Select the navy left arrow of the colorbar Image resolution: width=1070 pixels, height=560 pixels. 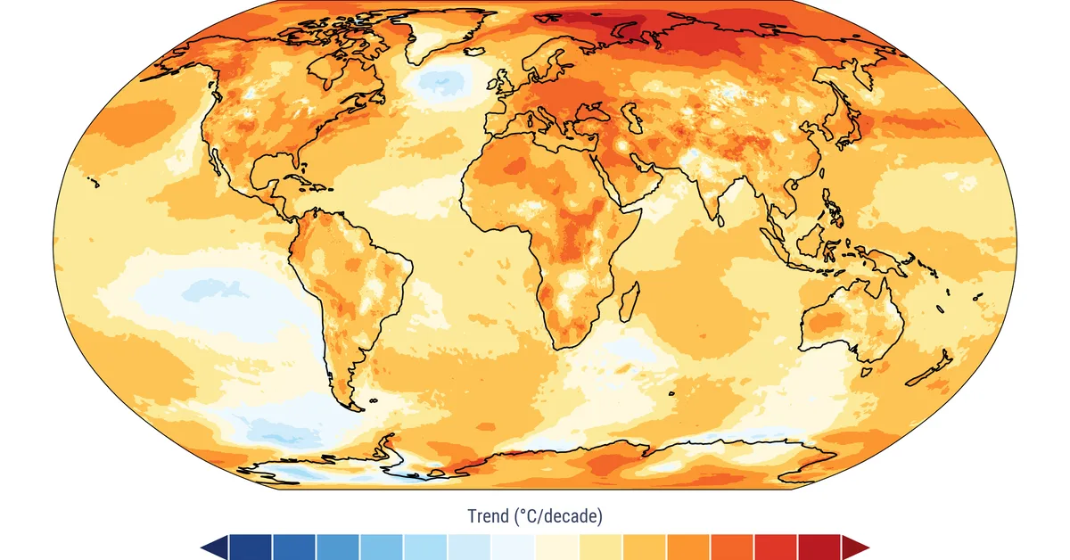pyautogui.click(x=214, y=547)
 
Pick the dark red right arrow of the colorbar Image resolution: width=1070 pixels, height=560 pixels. pyautogui.click(x=856, y=547)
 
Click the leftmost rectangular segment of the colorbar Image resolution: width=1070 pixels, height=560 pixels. pyautogui.click(x=251, y=547)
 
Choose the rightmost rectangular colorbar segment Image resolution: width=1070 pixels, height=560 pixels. pyautogui.click(x=819, y=547)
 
